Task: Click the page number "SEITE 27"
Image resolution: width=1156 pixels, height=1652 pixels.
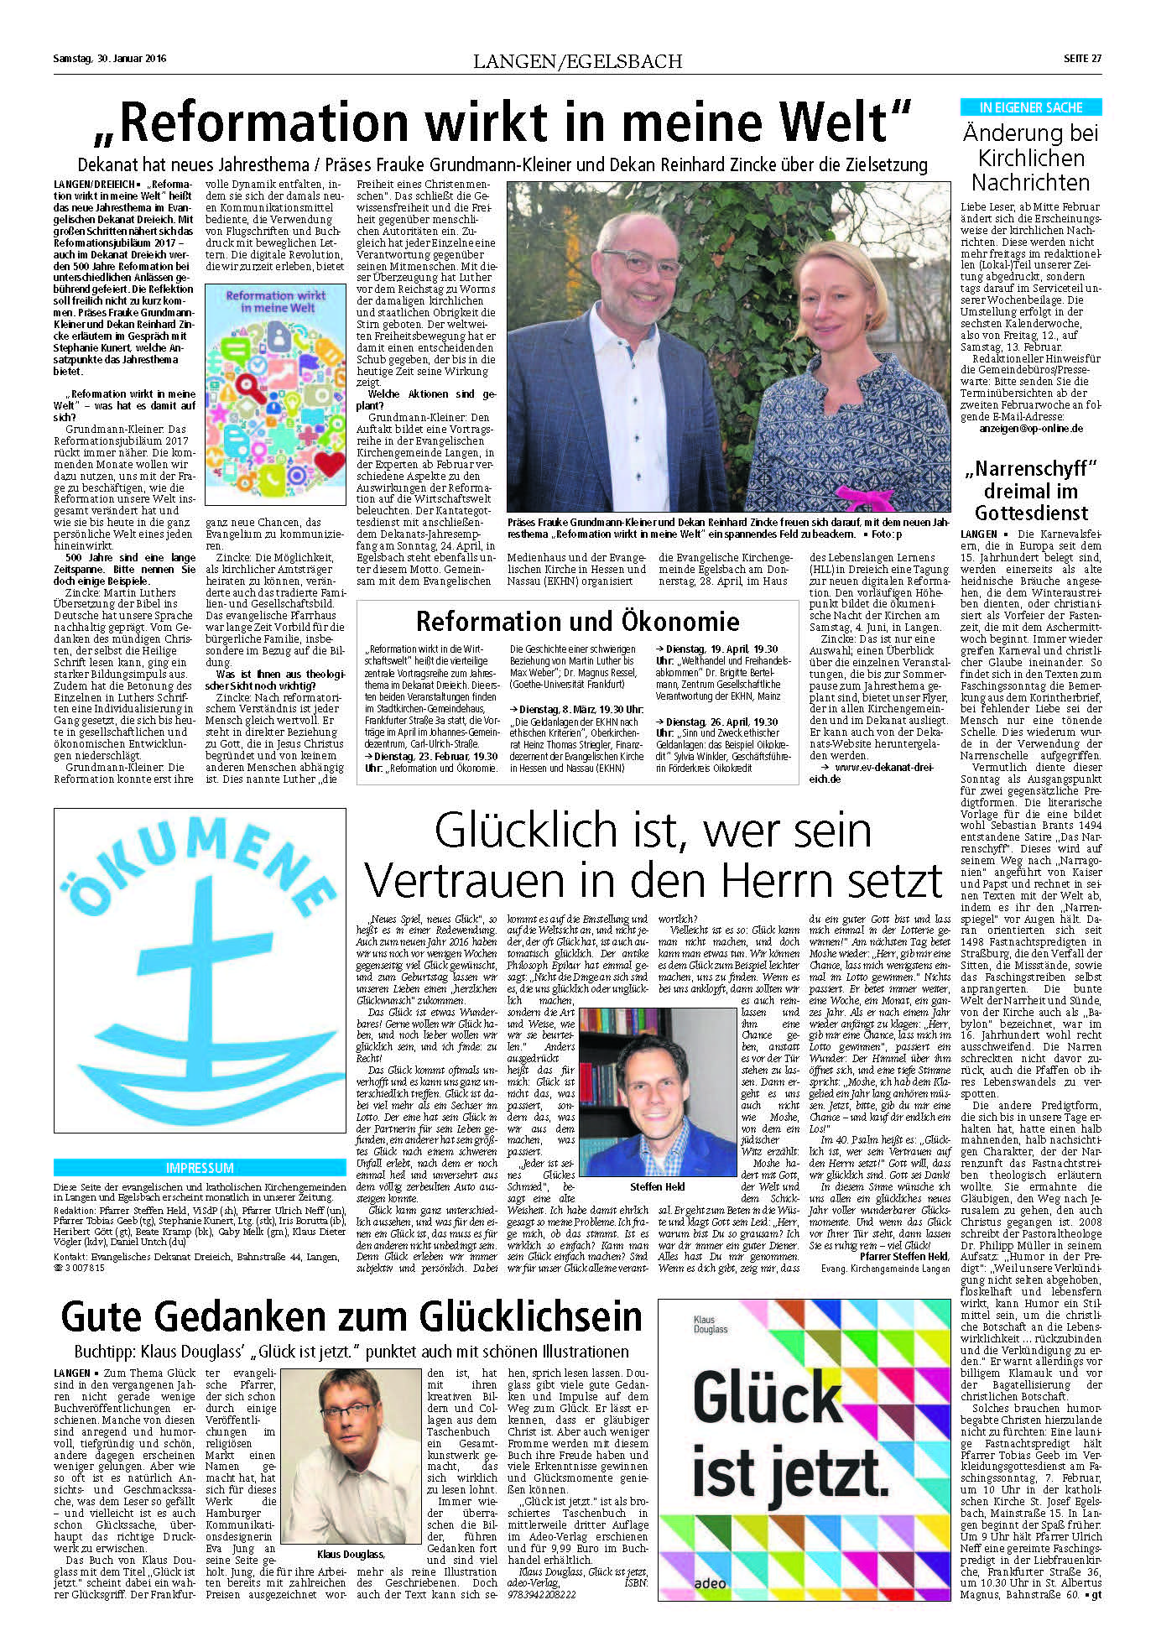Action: pos(1081,59)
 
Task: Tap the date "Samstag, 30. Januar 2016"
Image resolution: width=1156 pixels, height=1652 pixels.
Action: pos(110,59)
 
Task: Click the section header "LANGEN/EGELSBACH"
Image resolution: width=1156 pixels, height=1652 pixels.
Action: pos(577,61)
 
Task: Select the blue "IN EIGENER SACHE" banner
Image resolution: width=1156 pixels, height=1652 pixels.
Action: pos(1030,107)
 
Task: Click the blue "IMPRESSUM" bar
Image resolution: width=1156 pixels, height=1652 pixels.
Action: pos(200,1167)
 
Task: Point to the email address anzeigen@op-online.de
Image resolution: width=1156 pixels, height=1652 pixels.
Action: pos(1031,428)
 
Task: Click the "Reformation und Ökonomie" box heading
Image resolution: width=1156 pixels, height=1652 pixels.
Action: pos(577,621)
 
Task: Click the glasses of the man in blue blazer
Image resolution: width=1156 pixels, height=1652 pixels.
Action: pos(642,261)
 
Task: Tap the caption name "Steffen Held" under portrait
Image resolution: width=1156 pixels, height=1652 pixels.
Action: pos(657,1186)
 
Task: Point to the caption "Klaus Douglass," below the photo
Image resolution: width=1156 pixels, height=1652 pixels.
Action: pos(351,1554)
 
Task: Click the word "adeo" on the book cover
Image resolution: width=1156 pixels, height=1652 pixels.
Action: pos(709,1582)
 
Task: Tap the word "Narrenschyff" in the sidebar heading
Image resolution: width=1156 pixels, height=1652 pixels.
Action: pos(1030,469)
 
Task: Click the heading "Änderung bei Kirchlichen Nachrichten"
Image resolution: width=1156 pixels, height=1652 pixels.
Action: pos(1030,158)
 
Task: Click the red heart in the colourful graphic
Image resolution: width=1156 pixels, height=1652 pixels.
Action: pos(330,462)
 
